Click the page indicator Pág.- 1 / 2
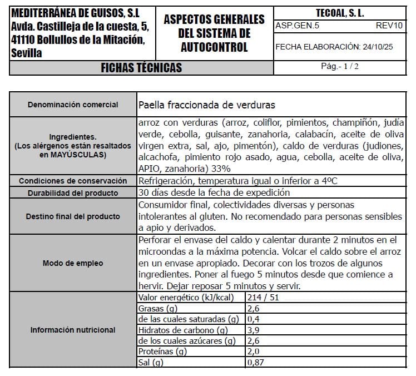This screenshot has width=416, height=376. [340, 66]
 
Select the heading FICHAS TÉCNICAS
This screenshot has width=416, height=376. [141, 68]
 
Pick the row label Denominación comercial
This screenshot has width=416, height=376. [73, 105]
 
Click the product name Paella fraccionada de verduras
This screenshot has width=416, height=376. [206, 105]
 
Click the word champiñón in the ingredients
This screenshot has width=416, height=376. [355, 122]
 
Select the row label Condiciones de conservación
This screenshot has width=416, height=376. [73, 181]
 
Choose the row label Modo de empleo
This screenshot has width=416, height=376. [73, 263]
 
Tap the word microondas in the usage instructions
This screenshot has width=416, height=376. [161, 251]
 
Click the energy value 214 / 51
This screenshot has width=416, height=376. [265, 298]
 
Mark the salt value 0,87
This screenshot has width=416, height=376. [256, 363]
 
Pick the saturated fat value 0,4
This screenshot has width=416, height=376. [253, 319]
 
